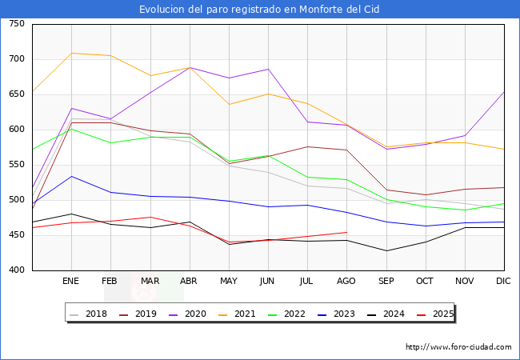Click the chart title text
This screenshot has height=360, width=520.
coord(259,10)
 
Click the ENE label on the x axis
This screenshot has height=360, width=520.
coord(71,282)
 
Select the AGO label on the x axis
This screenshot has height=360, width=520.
coord(346,282)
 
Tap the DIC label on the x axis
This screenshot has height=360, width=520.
coord(503,282)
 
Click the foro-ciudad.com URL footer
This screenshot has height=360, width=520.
coord(458,347)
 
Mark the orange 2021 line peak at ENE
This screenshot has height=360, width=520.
coord(71,53)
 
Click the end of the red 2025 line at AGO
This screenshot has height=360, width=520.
coord(346,232)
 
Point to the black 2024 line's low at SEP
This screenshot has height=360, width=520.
coord(386,250)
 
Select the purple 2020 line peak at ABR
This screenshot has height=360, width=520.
coord(190,67)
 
